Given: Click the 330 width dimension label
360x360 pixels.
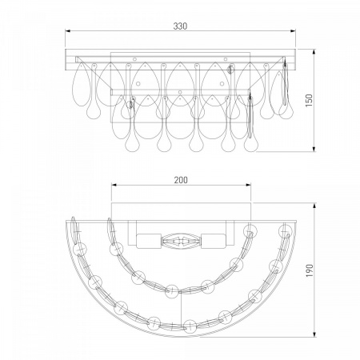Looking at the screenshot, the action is pos(180,26).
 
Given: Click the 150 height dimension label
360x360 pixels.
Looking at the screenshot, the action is pos(309,100).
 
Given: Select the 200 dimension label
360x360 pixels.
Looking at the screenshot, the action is pos(181,180).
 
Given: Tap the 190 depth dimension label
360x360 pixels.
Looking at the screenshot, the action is pos(310,270).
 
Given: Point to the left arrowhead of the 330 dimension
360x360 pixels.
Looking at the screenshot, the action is pos(68,31).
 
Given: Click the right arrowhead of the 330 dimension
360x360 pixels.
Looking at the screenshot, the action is pos(294,31).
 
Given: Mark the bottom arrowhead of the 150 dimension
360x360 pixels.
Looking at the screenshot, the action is pos(314,149).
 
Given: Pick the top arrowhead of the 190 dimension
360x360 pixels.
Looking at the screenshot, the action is pos(315,206).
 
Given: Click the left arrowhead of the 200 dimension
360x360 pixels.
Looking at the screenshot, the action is pos(114,185).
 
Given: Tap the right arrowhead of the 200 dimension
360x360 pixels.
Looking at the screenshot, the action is pos(248,185).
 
